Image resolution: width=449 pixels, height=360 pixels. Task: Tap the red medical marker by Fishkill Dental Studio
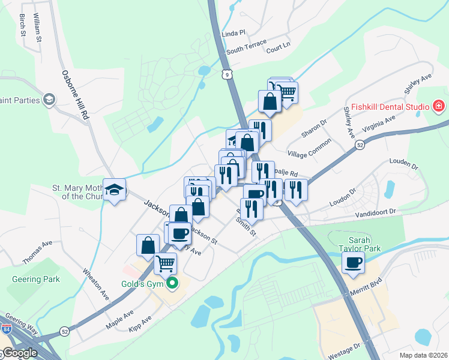coord(439,107)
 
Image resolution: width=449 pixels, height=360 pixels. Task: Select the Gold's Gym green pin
coord(173,283)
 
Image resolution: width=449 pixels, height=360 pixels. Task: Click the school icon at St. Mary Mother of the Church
coord(114,190)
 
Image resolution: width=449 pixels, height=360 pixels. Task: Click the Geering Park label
coord(35,279)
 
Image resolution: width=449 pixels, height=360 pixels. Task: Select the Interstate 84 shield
coord(5,328)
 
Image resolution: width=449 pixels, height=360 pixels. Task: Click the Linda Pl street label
coord(234,34)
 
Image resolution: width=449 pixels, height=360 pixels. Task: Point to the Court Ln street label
coord(278,47)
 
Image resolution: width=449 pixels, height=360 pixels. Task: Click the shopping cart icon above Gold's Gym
coord(165,263)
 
